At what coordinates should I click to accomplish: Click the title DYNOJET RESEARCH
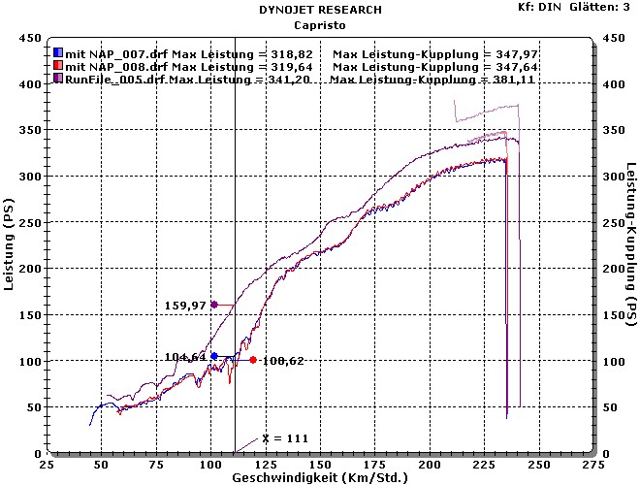[x=320, y=10]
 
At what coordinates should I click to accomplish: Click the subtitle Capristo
[x=320, y=24]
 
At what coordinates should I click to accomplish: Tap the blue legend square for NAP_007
[x=58, y=52]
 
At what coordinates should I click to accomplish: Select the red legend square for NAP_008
[x=58, y=66]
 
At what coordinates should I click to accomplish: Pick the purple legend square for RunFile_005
[x=58, y=79]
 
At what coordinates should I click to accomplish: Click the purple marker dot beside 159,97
[x=214, y=305]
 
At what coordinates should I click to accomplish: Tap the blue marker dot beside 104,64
[x=214, y=356]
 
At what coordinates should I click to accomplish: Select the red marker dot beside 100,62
[x=252, y=360]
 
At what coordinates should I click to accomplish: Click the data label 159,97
[x=185, y=306]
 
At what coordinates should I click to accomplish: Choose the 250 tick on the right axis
[x=613, y=223]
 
